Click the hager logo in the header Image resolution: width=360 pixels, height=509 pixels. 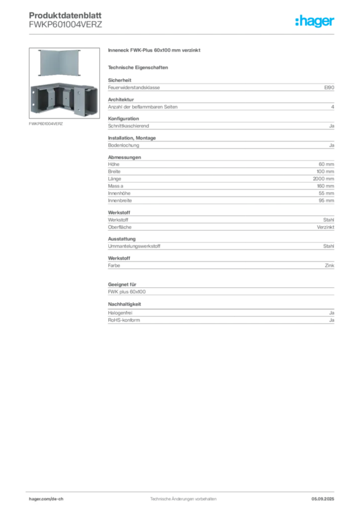tap(315, 21)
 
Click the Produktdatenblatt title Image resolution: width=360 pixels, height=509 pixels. tap(65, 15)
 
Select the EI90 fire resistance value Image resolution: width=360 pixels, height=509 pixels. tap(329, 87)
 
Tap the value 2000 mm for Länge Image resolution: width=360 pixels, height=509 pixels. tap(323, 179)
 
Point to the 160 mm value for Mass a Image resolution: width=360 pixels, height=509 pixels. tap(325, 186)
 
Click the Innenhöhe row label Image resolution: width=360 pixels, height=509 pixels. tap(119, 193)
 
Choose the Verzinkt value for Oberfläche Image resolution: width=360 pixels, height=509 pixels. tap(326, 227)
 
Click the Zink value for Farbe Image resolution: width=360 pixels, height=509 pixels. tap(330, 265)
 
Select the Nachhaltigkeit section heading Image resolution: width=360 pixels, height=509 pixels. tap(124, 304)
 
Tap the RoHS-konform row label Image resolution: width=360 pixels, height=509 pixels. tap(124, 320)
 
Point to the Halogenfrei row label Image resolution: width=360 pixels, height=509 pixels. tap(120, 313)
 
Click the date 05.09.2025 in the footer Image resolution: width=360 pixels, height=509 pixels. tap(323, 499)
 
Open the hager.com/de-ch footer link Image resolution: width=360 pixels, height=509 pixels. tap(46, 499)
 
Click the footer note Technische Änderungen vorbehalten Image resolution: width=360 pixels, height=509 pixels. tap(183, 499)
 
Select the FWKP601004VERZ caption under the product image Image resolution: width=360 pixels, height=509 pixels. tap(46, 124)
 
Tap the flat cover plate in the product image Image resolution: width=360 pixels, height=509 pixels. tap(59, 63)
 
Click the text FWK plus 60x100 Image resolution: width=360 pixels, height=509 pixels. tap(127, 292)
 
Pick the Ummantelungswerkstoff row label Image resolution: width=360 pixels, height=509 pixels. tap(134, 246)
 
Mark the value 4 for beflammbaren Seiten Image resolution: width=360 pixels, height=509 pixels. tap(333, 107)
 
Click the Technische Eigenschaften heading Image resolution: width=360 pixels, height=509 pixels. tap(138, 68)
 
